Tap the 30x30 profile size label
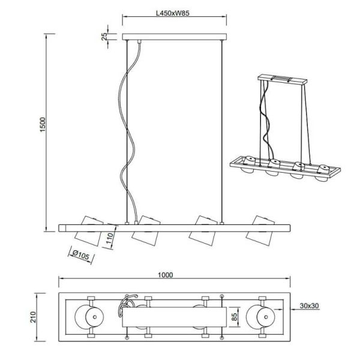[x=308, y=307]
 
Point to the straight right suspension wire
[x=223, y=132]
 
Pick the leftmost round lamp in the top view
[x=88, y=316]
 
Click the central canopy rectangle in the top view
[x=174, y=316]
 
